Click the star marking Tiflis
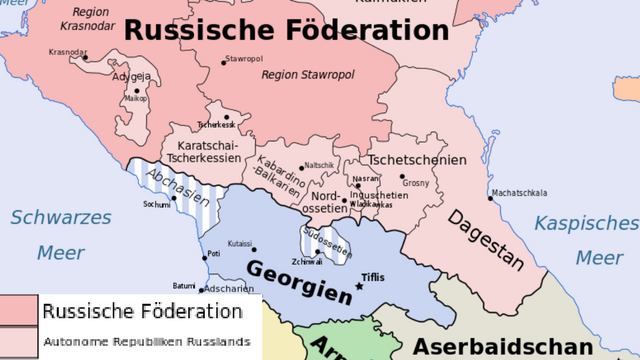point(360,287)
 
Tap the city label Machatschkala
point(519,193)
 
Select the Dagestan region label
point(485,240)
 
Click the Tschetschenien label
point(417,160)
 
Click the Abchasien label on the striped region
point(171,186)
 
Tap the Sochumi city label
point(157,204)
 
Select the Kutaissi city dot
point(254,250)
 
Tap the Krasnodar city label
point(68,52)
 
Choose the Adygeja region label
point(133,76)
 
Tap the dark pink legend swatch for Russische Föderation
point(18,311)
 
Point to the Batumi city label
point(184,286)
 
